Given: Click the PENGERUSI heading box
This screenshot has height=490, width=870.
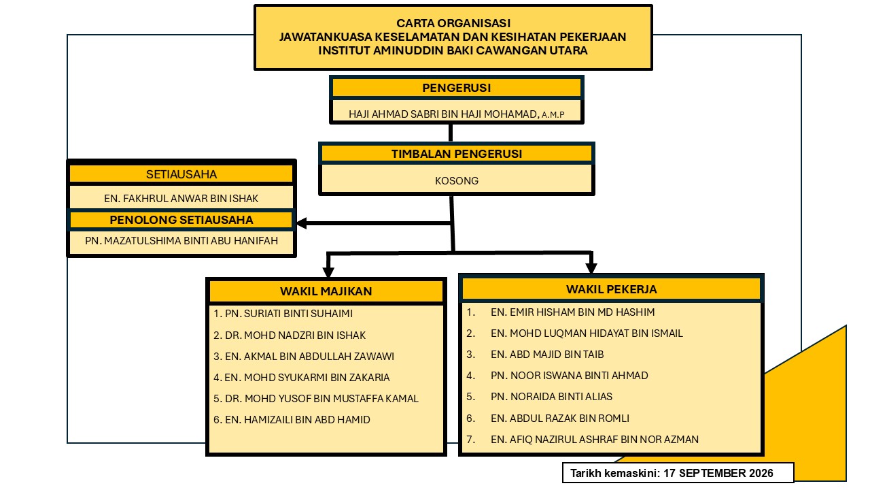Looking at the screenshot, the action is pyautogui.click(x=456, y=88).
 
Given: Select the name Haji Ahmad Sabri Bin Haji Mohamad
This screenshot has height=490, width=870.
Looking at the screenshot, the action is pyautogui.click(x=444, y=114).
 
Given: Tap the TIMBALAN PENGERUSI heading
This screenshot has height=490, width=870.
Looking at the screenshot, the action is pyautogui.click(x=456, y=154).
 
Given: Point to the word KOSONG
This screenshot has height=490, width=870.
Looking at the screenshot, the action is pyautogui.click(x=456, y=181).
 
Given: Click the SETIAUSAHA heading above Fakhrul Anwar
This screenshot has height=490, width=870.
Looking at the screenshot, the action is pyautogui.click(x=181, y=174).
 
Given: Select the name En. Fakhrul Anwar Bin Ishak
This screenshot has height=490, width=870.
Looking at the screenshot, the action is pyautogui.click(x=181, y=199).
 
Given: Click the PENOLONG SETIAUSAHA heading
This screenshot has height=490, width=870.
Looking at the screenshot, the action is pyautogui.click(x=181, y=220).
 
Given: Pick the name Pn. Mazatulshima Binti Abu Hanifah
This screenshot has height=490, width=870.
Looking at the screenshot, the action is pyautogui.click(x=181, y=241).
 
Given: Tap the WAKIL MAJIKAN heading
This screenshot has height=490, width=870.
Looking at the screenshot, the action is pyautogui.click(x=326, y=291).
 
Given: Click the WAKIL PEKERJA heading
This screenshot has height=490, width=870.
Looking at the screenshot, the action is pyautogui.click(x=611, y=289).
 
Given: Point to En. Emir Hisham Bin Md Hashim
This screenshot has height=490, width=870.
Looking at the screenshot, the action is pyautogui.click(x=572, y=312).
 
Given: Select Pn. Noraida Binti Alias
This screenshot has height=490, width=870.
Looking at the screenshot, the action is pyautogui.click(x=551, y=397).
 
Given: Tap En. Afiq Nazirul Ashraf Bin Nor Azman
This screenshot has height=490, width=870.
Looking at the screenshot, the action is pyautogui.click(x=595, y=440).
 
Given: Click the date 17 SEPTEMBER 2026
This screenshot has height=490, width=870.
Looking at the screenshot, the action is pyautogui.click(x=718, y=473).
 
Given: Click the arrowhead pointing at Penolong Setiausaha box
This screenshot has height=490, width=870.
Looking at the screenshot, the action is pyautogui.click(x=301, y=223).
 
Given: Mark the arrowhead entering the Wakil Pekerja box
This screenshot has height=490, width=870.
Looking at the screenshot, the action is pyautogui.click(x=591, y=268).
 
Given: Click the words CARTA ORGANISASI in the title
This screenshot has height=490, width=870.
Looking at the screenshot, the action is pyautogui.click(x=453, y=23).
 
